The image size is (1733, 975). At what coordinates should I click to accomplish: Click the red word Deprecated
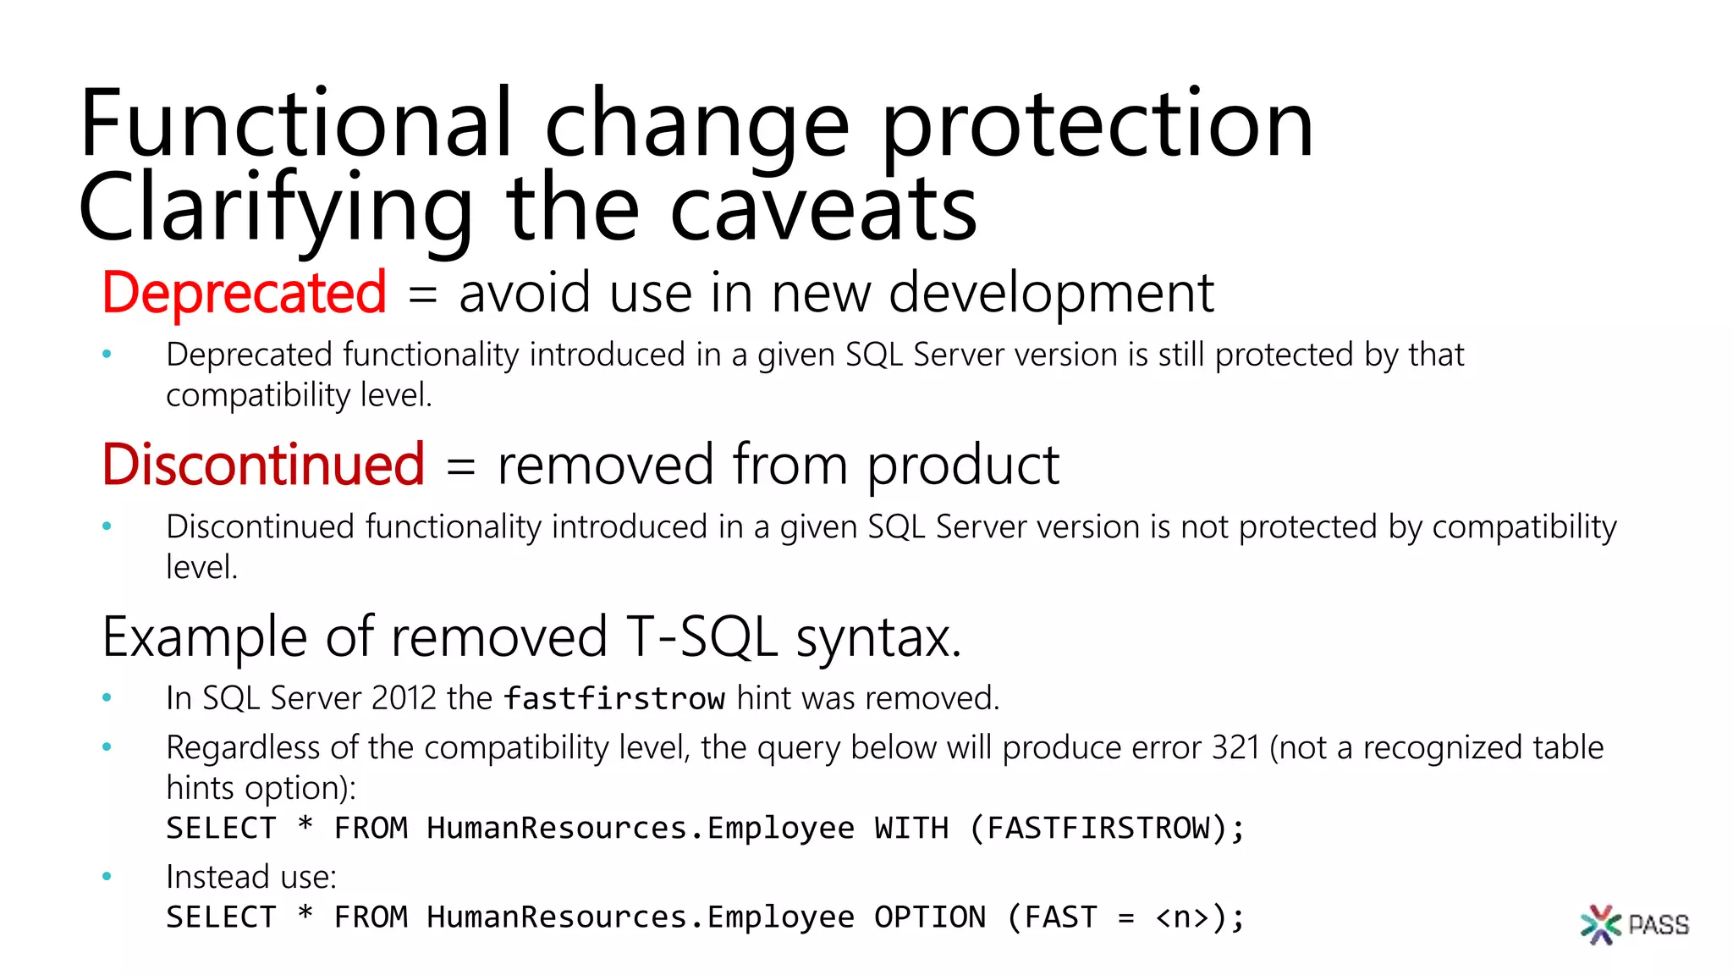244,293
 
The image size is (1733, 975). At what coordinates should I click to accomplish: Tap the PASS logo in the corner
1634,923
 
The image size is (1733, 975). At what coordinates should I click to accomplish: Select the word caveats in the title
822,208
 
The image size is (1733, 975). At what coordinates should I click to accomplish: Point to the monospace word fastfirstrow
613,699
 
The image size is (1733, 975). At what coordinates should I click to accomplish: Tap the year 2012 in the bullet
404,698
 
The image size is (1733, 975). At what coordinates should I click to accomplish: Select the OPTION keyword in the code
929,917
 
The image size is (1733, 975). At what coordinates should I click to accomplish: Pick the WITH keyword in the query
911,828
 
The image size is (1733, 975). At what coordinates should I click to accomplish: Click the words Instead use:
251,877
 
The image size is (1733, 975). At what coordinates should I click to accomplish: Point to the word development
1051,293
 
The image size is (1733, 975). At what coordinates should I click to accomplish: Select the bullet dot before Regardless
107,747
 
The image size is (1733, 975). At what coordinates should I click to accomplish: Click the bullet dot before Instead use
107,877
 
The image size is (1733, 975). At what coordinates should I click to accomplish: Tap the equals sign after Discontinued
460,466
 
